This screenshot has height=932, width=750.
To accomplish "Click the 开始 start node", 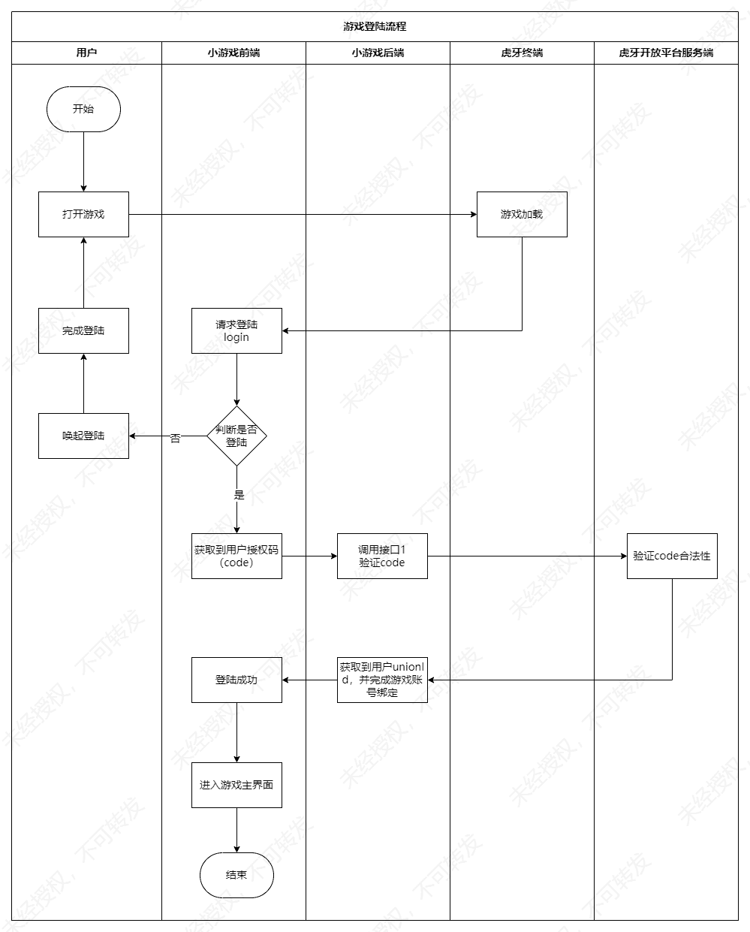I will [x=83, y=109].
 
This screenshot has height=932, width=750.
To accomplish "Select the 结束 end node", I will [x=236, y=875].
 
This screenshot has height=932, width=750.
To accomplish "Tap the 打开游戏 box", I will [x=83, y=214].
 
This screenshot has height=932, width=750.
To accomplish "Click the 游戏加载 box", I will [x=522, y=214].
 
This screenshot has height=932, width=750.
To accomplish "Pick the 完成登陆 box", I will [x=83, y=330].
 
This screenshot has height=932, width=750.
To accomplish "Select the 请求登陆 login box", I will [x=236, y=330].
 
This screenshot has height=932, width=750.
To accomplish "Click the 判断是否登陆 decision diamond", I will [x=236, y=436].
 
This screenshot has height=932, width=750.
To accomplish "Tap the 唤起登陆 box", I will [x=83, y=436].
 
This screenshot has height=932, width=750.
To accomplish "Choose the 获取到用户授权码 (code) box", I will [x=236, y=556].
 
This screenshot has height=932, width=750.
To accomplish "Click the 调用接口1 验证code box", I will [x=382, y=556].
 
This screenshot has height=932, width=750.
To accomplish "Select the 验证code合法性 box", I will [x=672, y=556].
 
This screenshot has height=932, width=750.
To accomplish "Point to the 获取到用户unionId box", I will [x=382, y=680].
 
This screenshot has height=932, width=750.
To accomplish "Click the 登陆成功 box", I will [x=236, y=680].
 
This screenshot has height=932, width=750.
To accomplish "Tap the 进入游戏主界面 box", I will [x=236, y=785].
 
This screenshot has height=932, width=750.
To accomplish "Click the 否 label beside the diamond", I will [x=176, y=438].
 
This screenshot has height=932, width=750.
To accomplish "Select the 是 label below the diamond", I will [x=239, y=495].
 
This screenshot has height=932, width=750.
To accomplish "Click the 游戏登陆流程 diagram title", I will [x=375, y=26].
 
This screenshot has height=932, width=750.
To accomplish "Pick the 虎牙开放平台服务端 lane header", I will [x=666, y=53].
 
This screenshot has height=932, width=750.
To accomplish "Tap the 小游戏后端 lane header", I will [x=378, y=53].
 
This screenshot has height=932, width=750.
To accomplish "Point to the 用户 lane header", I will [x=86, y=53].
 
